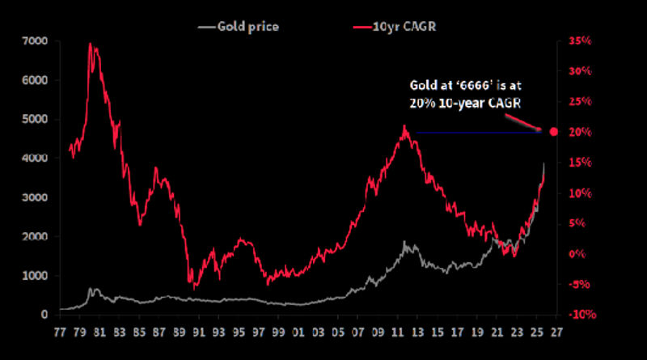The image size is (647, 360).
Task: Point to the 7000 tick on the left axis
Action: [x=35, y=41]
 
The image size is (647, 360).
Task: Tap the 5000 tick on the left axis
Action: [x=35, y=120]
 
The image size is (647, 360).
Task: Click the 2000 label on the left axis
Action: [x=35, y=237]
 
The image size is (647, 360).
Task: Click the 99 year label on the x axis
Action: [x=279, y=331]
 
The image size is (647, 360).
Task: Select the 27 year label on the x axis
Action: [x=556, y=331]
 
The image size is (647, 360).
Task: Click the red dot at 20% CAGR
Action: [x=554, y=132]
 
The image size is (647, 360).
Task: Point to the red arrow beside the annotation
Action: [x=525, y=121]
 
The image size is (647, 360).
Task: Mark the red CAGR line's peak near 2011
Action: [x=403, y=126]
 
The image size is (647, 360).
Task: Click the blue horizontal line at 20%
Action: [x=477, y=133]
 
